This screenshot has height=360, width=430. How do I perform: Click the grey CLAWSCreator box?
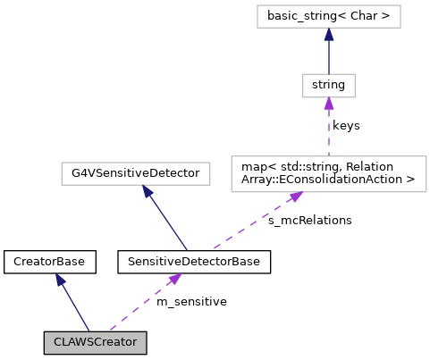tap(95, 343)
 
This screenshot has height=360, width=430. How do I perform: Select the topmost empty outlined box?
tap(328, 16)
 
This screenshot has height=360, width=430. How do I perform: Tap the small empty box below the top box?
tap(328, 86)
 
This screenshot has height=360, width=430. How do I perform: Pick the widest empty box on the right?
tap(328, 174)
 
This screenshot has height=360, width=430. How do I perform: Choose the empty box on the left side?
tap(135, 173)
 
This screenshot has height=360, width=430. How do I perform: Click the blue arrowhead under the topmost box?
tap(329, 34)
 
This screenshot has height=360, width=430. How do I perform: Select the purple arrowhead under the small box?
tap(329, 104)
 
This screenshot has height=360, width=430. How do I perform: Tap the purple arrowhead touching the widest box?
tap(296, 197)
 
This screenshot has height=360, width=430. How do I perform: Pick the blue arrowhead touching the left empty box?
tap(148, 191)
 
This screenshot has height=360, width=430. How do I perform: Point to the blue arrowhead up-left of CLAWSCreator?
tap(60, 280)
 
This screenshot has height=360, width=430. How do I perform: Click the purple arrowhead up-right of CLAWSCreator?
tap(174, 279)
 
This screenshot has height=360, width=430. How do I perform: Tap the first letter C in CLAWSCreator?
tap(57, 343)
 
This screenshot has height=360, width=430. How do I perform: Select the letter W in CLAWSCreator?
tap(80, 343)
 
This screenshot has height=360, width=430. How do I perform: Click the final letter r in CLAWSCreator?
tap(134, 343)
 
